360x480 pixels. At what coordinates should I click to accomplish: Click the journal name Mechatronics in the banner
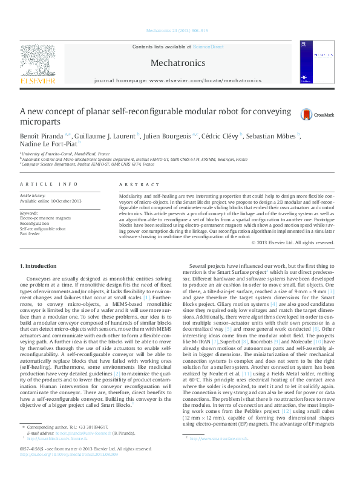click(177, 62)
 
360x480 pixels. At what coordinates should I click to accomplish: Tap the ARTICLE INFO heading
click(48, 184)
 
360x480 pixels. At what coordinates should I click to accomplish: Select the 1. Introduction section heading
click(39, 266)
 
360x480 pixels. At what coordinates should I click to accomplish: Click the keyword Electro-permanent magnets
click(45, 218)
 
